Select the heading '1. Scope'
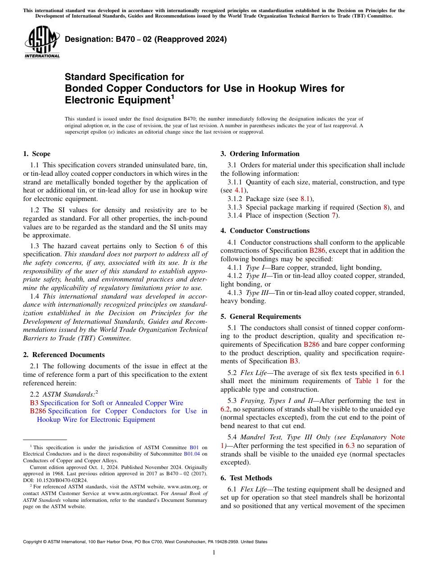click(x=37, y=154)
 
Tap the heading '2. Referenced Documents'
click(x=64, y=355)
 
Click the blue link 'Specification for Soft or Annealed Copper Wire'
click(x=112, y=403)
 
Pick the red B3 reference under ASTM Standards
click(x=34, y=403)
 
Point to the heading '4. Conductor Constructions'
click(x=265, y=231)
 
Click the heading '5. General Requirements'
click(x=261, y=317)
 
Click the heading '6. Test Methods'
click(x=246, y=478)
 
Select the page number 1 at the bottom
click(x=214, y=553)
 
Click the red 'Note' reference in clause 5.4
click(x=397, y=437)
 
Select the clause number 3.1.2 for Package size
click(x=236, y=199)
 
